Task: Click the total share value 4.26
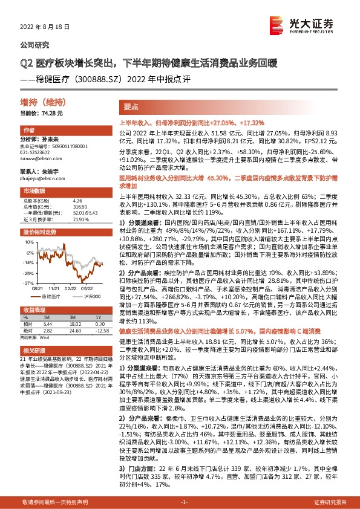coord(77,200)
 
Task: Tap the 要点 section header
coord(132,106)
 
